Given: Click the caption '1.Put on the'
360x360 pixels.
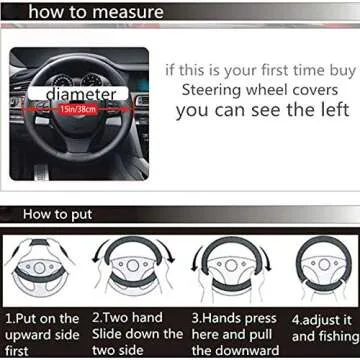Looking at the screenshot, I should [43, 318].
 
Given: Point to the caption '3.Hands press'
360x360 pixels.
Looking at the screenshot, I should [232, 318].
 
